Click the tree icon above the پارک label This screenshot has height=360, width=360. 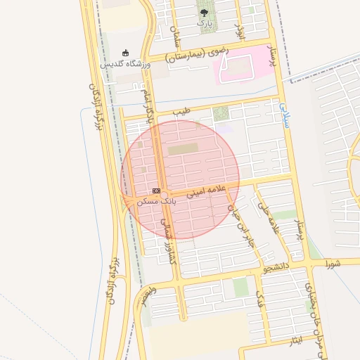click(204, 12)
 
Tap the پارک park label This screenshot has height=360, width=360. click(204, 23)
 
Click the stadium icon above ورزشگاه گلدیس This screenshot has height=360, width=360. click(126, 52)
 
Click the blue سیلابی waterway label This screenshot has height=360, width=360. click(284, 115)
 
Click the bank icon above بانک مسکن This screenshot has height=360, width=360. click(156, 190)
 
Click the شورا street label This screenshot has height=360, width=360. click(333, 264)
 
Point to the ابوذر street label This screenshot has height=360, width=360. click(238, 25)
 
